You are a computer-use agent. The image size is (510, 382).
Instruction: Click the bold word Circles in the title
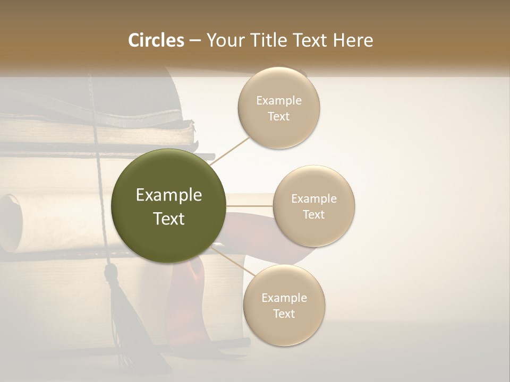[156, 40]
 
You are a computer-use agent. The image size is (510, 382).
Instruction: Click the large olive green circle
[168, 206]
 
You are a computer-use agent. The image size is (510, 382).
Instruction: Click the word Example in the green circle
[168, 195]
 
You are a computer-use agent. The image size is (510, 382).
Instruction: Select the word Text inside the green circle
[168, 219]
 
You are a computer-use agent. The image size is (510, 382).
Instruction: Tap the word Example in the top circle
[278, 100]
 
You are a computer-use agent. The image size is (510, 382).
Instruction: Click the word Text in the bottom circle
[284, 314]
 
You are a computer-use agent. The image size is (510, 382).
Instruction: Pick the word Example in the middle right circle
[313, 198]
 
